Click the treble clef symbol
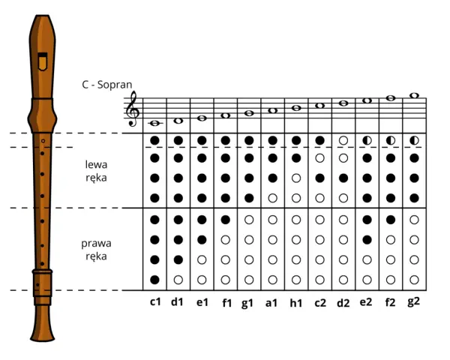click(133, 109)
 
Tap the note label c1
click(155, 302)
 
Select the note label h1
click(296, 303)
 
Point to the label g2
click(413, 301)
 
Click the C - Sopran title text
click(107, 85)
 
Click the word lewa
click(96, 164)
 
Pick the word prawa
click(96, 244)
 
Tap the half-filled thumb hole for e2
click(367, 140)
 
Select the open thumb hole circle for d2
click(343, 140)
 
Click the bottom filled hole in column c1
click(154, 280)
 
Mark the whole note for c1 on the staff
click(155, 123)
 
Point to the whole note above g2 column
click(414, 95)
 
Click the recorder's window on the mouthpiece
click(43, 61)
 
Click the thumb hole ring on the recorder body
click(43, 141)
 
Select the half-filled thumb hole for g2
click(414, 140)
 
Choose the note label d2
click(343, 303)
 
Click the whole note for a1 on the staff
click(273, 110)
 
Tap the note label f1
click(226, 303)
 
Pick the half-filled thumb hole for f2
click(391, 140)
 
